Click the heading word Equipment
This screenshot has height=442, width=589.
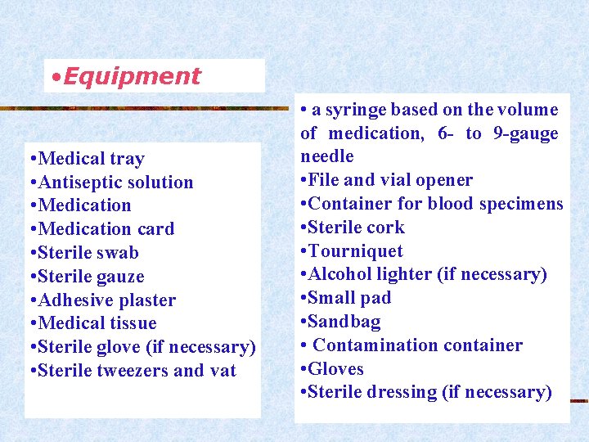pyautogui.click(x=132, y=76)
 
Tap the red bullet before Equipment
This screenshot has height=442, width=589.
pyautogui.click(x=54, y=77)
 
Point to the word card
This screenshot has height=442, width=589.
pyautogui.click(x=155, y=229)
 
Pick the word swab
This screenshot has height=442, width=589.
pyautogui.click(x=117, y=253)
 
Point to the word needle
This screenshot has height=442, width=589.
pyautogui.click(x=327, y=156)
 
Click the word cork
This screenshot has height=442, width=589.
pyautogui.click(x=386, y=228)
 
